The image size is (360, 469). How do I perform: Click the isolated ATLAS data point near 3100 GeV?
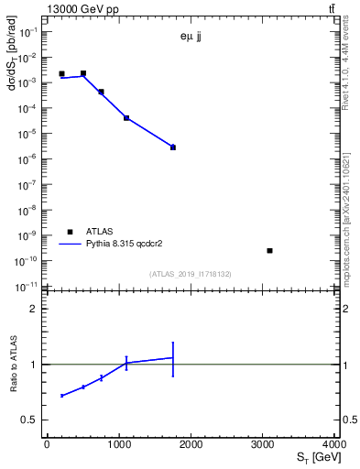point(270,250)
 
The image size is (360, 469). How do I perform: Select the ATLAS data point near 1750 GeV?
point(173,147)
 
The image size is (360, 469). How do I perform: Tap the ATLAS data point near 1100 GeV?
point(126,117)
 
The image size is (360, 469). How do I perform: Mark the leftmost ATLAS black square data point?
point(61,73)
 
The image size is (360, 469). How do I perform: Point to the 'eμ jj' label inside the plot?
point(193,38)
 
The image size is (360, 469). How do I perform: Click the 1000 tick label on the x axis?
point(119,444)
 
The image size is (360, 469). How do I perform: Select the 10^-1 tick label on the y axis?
point(29,31)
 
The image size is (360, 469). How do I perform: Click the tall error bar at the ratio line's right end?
point(173,358)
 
